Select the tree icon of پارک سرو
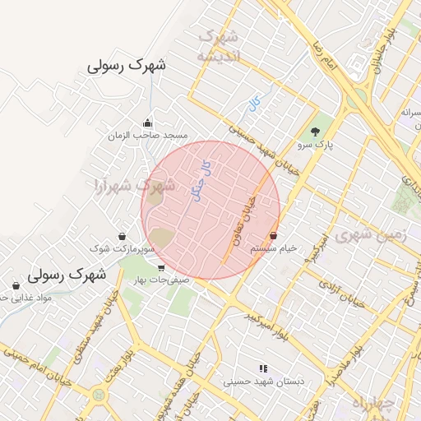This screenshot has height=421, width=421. [x=315, y=132]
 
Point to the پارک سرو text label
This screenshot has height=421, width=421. [x=317, y=145]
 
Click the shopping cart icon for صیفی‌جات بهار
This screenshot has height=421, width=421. [x=160, y=267]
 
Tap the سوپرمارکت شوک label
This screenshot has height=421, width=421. [x=123, y=248]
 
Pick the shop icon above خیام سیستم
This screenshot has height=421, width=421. [x=273, y=236]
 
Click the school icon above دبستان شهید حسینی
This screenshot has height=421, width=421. [x=263, y=368]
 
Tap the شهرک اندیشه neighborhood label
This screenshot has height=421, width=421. [x=218, y=46]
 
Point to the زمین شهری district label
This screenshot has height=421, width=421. [x=380, y=236]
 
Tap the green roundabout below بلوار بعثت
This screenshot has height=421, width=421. [x=99, y=395]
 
